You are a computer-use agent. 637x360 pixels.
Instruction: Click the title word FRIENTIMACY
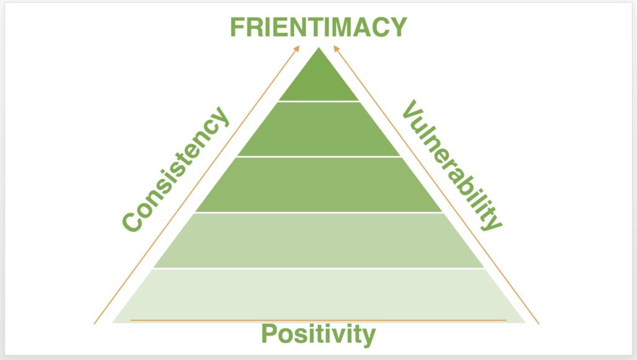(x=318, y=27)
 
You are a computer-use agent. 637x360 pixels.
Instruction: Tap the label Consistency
(x=176, y=169)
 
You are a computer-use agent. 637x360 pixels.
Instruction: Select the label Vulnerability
(x=452, y=165)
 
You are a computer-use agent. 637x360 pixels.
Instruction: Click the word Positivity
(x=318, y=334)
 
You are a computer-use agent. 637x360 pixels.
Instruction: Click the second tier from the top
(x=319, y=129)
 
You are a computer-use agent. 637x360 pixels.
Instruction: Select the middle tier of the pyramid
(x=319, y=185)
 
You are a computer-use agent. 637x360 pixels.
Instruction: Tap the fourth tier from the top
(x=319, y=240)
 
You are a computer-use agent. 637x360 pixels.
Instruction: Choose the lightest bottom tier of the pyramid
(x=319, y=296)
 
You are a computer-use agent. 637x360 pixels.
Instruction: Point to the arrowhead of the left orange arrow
(x=297, y=48)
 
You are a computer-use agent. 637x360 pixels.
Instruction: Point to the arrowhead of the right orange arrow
(x=337, y=48)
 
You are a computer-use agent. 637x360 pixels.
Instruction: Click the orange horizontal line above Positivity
(x=318, y=320)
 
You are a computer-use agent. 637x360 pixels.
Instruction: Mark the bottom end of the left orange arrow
(x=95, y=324)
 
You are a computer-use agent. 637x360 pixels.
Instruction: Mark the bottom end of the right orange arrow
(x=539, y=324)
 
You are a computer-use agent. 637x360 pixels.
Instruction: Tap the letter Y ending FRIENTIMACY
(x=399, y=27)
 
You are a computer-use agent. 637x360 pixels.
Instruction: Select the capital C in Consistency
(x=133, y=221)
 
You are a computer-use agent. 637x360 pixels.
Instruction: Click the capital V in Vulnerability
(x=411, y=109)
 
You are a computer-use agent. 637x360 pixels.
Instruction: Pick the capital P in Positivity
(x=269, y=333)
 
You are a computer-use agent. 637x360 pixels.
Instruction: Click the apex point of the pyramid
(x=319, y=48)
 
